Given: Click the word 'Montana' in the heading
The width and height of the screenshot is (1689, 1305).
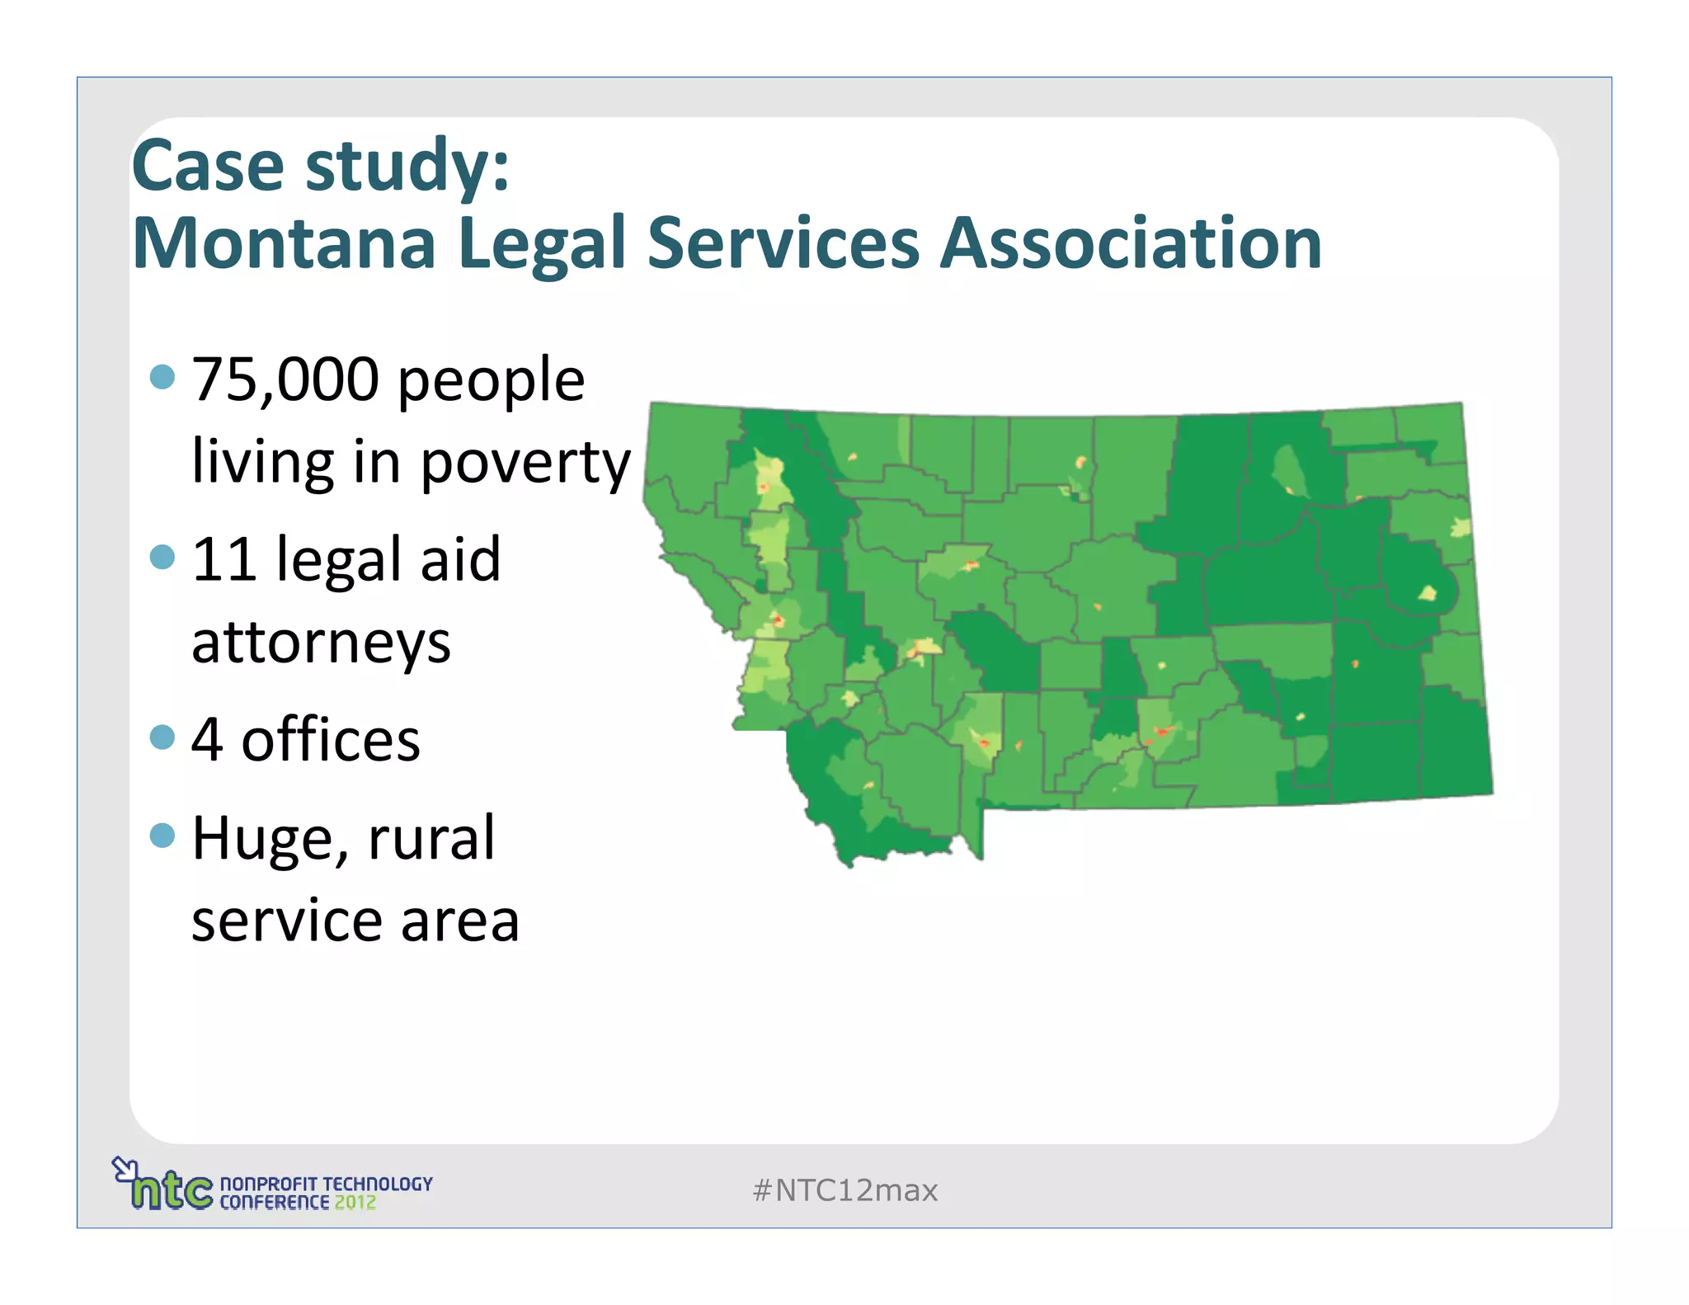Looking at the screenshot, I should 284,243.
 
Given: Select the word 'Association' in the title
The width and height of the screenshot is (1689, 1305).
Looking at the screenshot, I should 1131,243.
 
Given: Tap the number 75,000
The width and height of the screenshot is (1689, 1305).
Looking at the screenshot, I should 285,379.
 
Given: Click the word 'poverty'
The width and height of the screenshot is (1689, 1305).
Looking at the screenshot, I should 525,464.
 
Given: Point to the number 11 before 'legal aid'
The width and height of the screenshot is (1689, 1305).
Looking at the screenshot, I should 223,559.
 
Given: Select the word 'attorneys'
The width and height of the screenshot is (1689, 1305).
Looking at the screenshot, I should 321,643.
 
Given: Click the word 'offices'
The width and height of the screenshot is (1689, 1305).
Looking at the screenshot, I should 331,740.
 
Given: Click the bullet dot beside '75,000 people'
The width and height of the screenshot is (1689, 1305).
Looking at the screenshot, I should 163,378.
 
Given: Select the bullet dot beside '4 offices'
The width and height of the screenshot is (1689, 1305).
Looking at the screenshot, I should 163,737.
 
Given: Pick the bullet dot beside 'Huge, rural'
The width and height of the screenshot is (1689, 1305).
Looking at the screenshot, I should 163,836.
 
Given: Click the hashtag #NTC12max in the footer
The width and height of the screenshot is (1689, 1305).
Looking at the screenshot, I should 844,1190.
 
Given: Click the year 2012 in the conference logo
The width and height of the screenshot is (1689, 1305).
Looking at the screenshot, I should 355,1203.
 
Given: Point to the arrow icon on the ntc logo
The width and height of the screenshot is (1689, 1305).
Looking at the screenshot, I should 125,1168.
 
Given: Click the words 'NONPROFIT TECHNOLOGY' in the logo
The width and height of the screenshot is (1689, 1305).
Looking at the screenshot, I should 326,1184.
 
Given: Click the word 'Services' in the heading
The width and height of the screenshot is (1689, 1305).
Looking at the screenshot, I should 783,243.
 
